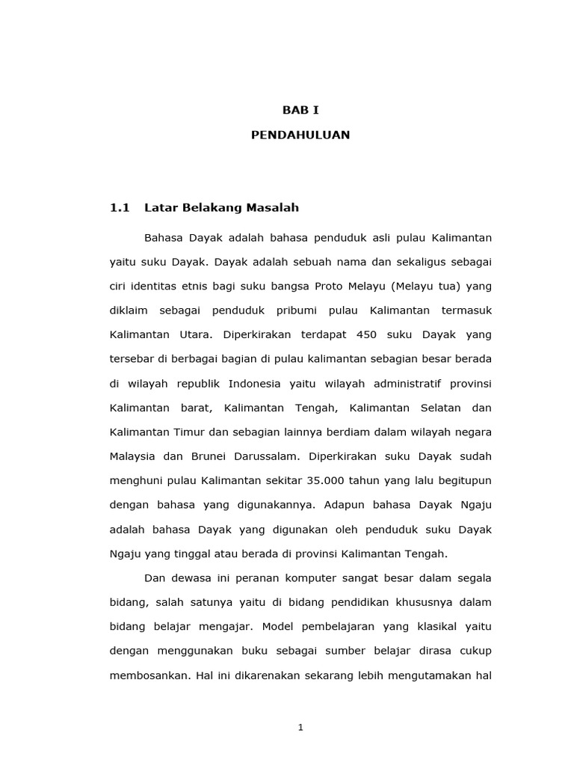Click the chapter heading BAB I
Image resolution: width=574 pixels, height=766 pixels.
click(x=300, y=110)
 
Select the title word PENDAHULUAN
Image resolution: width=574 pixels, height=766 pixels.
click(x=300, y=135)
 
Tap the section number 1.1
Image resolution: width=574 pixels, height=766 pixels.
click(x=120, y=207)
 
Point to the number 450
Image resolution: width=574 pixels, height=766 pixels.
click(x=354, y=335)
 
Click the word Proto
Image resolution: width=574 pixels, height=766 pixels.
click(x=330, y=287)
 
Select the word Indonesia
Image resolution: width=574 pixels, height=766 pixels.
click(x=255, y=384)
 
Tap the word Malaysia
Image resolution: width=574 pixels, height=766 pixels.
click(x=133, y=456)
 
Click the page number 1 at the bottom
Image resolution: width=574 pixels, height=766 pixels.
click(x=300, y=728)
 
